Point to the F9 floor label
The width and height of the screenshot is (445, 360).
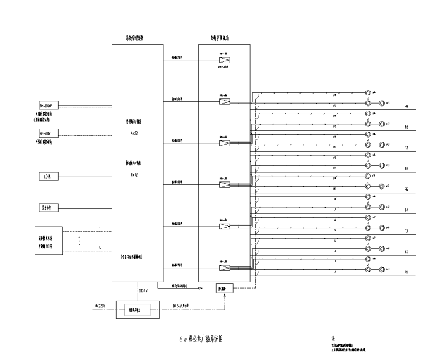pos(406,107)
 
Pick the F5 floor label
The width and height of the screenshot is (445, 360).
pos(406,189)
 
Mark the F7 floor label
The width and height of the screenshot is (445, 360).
pos(406,148)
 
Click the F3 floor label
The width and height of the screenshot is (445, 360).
pos(406,231)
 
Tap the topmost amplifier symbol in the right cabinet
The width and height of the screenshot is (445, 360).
pos(224,60)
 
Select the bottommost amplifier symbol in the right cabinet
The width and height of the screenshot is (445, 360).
pos(224,269)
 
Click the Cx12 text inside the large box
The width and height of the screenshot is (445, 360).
pos(133,133)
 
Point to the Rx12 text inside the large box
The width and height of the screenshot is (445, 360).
pos(133,174)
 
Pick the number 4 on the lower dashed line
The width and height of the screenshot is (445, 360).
pos(100,248)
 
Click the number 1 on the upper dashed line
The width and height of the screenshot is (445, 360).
pos(100,228)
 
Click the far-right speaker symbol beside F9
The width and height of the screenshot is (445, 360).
pos(381,103)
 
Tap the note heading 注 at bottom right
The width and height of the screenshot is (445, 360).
pos(333,339)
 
